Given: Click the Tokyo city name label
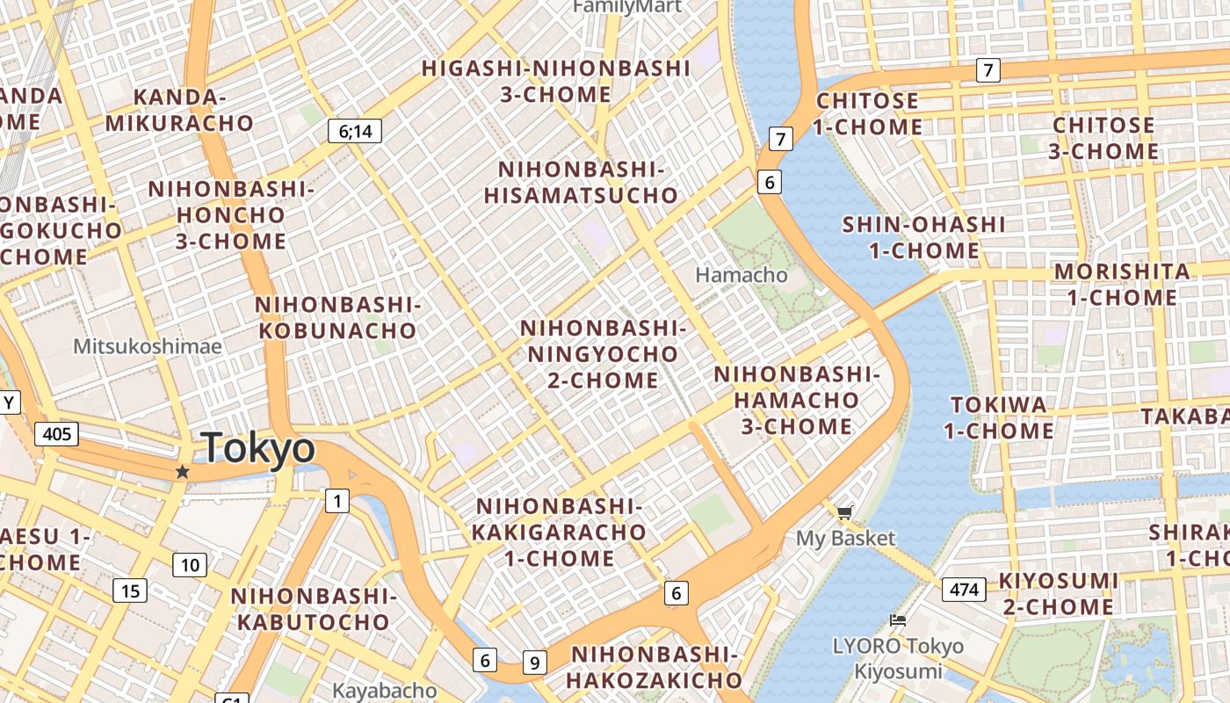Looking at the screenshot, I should [257, 448].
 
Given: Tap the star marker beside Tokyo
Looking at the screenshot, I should [182, 472].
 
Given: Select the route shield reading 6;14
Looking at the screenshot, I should [355, 132].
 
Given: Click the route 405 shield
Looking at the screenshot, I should [56, 433].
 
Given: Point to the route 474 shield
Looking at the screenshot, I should [964, 589].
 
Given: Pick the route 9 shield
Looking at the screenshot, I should [534, 662].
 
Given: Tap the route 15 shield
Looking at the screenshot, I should [129, 591].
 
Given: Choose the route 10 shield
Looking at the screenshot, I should [189, 565].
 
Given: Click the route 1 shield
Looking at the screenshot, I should [336, 501].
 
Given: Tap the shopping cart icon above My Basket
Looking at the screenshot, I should [844, 512].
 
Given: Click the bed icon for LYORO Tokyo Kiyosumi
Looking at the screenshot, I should [897, 620].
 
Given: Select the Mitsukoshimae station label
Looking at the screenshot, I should [148, 346].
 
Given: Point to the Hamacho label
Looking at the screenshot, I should [742, 275].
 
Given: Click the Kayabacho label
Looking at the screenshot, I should [384, 691].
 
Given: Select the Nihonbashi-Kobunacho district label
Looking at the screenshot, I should [336, 318].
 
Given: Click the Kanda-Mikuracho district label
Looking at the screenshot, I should [179, 110].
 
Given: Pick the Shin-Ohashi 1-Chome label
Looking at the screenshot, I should [923, 237].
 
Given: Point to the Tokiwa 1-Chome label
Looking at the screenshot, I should [999, 417].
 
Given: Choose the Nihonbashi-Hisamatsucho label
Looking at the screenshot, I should [581, 183].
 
